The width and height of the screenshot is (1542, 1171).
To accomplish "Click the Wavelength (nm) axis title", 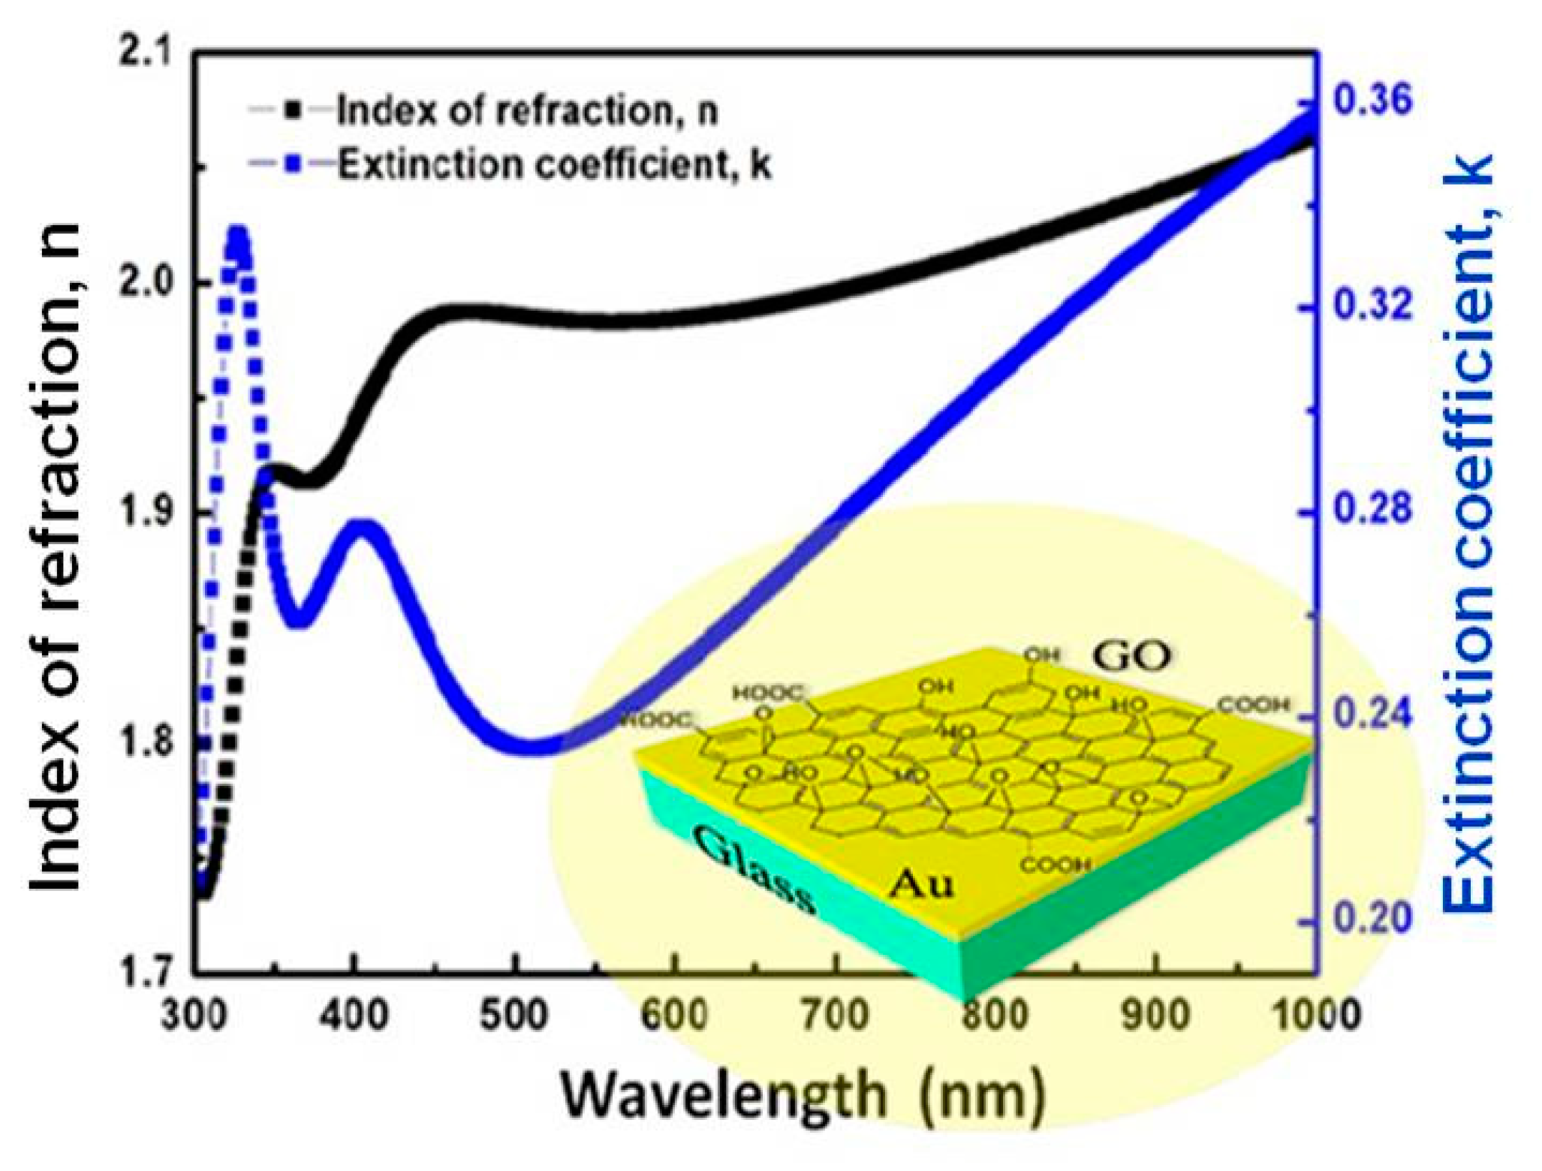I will click(803, 1095).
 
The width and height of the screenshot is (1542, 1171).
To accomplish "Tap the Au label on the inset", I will click(921, 886).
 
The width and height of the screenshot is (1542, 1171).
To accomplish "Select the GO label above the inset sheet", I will click(1131, 656).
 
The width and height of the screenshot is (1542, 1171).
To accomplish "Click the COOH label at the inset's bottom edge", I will click(1055, 865).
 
